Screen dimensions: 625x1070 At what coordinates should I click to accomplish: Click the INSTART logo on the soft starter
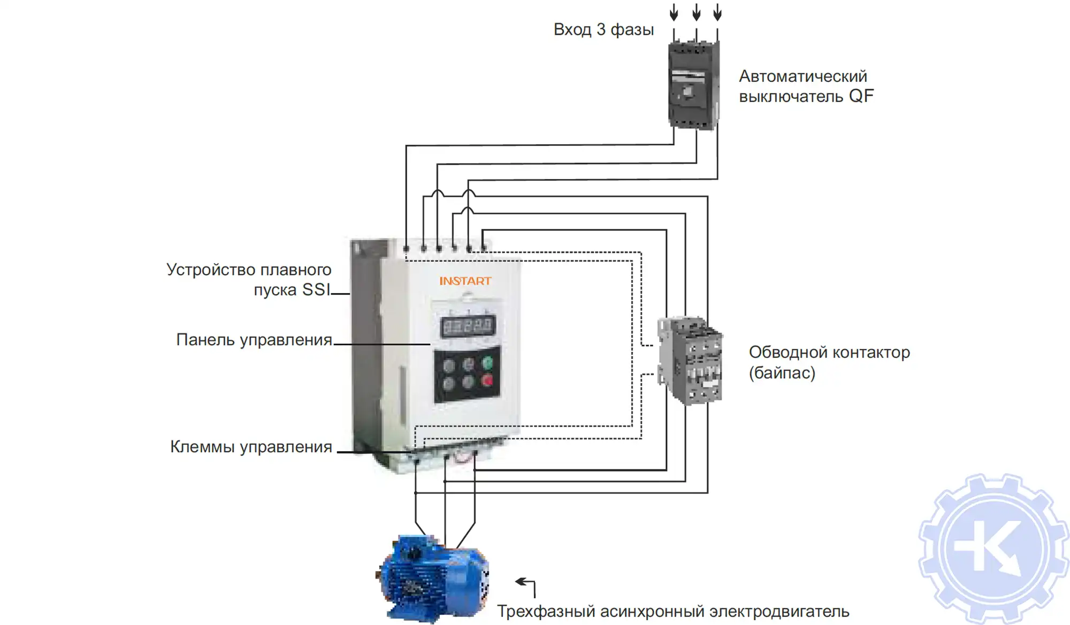[465, 281]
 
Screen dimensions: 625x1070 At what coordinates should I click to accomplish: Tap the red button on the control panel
[487, 381]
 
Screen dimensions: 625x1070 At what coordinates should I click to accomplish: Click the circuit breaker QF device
[693, 86]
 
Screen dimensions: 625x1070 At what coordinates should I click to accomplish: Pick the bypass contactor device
[690, 359]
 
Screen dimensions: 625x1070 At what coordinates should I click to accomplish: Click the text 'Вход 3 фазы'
[603, 30]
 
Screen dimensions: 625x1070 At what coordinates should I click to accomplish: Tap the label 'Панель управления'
[254, 340]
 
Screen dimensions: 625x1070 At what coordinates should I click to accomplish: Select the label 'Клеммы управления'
[251, 447]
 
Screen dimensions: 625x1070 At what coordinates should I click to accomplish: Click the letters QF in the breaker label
[861, 96]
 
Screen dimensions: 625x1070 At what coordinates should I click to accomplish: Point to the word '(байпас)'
[782, 373]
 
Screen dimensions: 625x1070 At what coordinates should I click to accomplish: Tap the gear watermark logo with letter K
[993, 549]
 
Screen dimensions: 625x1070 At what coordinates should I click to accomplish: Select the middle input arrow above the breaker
[696, 12]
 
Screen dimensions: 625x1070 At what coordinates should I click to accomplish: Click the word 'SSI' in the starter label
[316, 290]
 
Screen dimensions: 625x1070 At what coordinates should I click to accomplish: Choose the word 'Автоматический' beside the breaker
[802, 76]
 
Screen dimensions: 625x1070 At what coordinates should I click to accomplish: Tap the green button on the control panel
[487, 364]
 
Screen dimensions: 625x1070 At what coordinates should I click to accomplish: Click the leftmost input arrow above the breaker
[674, 12]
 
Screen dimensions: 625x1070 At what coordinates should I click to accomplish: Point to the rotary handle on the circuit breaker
[687, 92]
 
